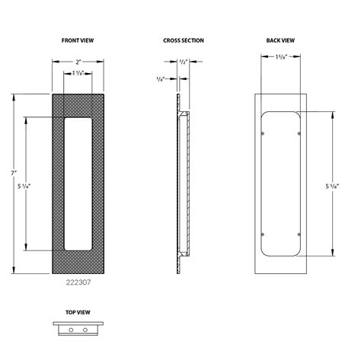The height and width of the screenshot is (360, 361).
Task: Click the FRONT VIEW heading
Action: [x=77, y=40]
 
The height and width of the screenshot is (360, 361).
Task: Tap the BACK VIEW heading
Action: [x=281, y=40]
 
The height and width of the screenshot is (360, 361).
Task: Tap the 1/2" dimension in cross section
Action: [x=183, y=62]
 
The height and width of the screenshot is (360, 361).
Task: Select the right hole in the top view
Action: [x=84, y=330]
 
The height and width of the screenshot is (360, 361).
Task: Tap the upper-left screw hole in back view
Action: [x=263, y=135]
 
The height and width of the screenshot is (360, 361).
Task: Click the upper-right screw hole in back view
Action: [x=297, y=135]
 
